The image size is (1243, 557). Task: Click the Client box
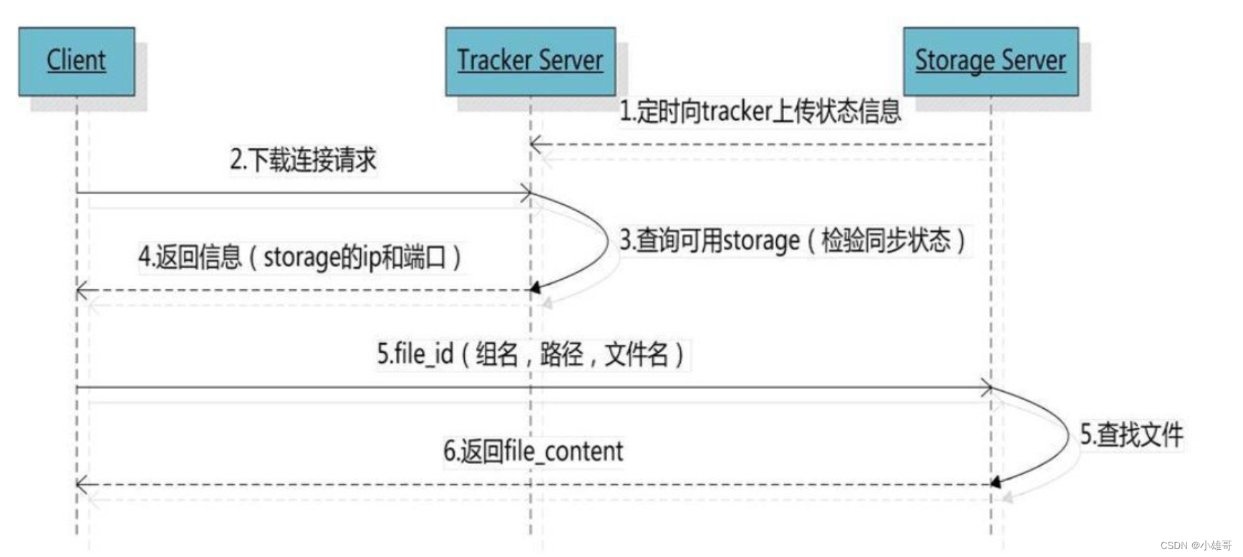[77, 61]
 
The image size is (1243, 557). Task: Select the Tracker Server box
[530, 61]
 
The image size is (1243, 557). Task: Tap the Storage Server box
[990, 61]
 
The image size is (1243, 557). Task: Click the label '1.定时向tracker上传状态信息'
[760, 112]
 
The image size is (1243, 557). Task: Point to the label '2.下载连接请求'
[303, 160]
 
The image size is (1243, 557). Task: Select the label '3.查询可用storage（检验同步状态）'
[792, 241]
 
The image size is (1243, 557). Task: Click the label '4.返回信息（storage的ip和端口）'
[299, 257]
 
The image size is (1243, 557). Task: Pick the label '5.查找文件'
[1131, 435]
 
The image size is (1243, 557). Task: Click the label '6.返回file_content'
[533, 451]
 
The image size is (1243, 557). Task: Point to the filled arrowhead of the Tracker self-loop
[534, 289]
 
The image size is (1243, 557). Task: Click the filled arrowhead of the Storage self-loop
[995, 483]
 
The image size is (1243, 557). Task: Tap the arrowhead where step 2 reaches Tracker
[526, 193]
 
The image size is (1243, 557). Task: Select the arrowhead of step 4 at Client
[82, 291]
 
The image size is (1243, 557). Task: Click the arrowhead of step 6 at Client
[82, 485]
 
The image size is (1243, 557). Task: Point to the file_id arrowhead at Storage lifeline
[987, 388]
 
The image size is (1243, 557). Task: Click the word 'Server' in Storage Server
[1036, 61]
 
